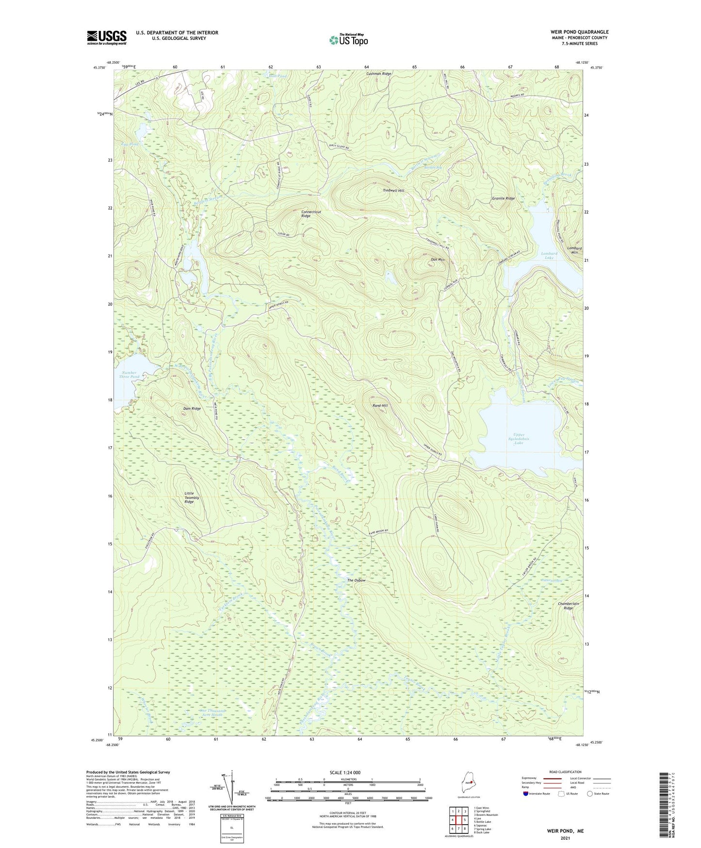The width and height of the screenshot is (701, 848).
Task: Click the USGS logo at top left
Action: click(x=107, y=37)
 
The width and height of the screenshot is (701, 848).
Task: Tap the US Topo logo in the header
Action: click(x=348, y=40)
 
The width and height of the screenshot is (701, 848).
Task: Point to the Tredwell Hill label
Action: click(x=393, y=191)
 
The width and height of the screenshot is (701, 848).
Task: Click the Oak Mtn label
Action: click(x=437, y=260)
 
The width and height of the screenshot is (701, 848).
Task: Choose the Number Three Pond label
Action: click(x=129, y=374)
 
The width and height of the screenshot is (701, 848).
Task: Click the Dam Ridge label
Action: click(x=192, y=408)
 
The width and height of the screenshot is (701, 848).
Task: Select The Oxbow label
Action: click(x=356, y=580)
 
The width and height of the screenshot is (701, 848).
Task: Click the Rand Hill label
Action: click(x=380, y=406)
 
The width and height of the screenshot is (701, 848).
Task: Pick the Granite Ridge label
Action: click(x=503, y=199)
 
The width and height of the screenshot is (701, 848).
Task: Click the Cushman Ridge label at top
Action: click(x=378, y=74)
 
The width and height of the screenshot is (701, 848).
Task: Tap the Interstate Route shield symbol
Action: click(x=526, y=794)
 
